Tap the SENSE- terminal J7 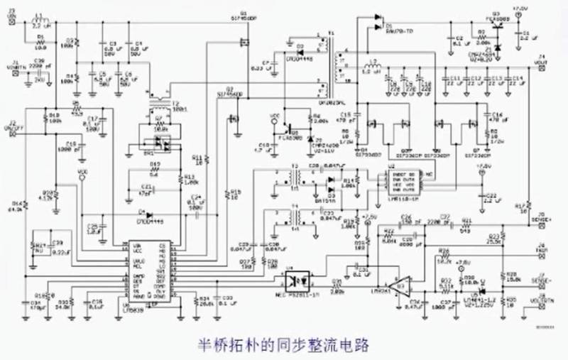click(x=541, y=280)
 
